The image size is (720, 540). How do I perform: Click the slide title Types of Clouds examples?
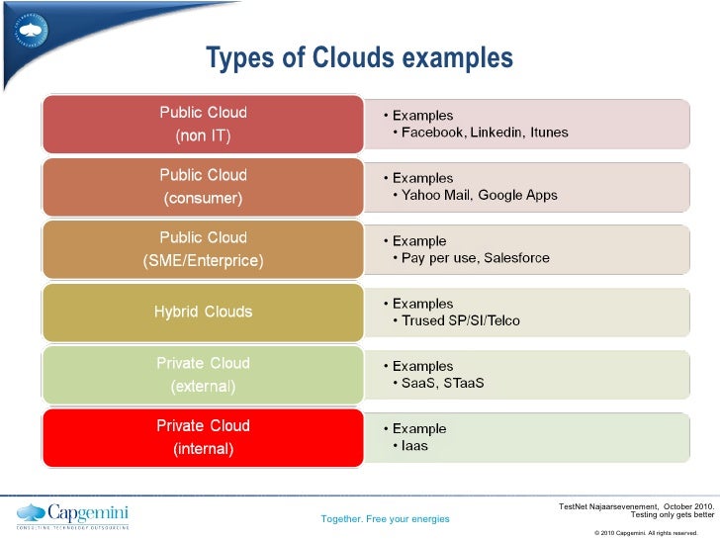tap(359, 58)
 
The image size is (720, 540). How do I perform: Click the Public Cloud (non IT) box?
tap(203, 123)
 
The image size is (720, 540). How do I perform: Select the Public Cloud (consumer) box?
tap(203, 186)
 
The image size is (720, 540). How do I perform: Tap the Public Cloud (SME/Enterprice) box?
tap(203, 249)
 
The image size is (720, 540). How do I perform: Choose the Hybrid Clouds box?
tap(203, 312)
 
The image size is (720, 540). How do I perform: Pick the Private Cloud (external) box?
tap(203, 374)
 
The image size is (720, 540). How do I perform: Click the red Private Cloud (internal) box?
tap(203, 437)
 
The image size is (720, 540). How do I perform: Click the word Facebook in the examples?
tap(431, 133)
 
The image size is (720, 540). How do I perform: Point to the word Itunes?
tap(549, 133)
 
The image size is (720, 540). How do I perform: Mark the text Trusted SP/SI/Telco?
tap(460, 320)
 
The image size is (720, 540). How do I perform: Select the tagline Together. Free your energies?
tap(386, 519)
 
